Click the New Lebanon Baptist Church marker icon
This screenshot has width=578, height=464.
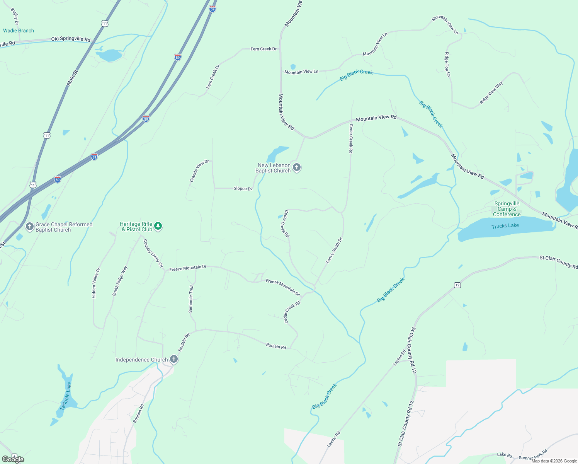click(296, 167)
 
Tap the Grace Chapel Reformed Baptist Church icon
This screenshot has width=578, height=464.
click(30, 227)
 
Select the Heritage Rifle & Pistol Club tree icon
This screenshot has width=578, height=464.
click(158, 226)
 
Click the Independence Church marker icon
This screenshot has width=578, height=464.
click(174, 359)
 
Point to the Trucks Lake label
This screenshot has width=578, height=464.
click(505, 226)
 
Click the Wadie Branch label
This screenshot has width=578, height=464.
click(19, 31)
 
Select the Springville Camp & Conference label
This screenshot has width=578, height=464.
click(507, 209)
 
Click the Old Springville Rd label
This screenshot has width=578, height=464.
click(71, 39)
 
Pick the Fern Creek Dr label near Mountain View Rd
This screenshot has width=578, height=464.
click(263, 49)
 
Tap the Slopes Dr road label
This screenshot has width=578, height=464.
click(243, 189)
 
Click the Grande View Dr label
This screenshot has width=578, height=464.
click(199, 171)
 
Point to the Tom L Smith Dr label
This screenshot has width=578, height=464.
click(334, 251)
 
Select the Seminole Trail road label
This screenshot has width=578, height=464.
click(191, 299)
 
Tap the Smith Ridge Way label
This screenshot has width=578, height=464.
click(120, 281)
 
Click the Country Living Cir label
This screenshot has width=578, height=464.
click(153, 254)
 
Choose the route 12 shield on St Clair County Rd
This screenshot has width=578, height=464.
click(457, 285)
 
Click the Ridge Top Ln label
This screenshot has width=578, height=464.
click(447, 65)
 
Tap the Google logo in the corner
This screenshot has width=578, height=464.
click(13, 459)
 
